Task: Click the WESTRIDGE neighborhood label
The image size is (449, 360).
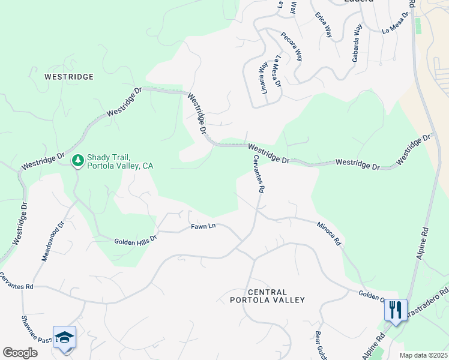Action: coord(69,77)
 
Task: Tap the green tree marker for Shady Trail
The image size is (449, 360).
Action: coord(77,161)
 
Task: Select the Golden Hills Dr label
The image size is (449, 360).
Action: coord(135,239)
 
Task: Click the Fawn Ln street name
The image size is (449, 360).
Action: coord(203,226)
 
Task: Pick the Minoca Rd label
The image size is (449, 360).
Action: coord(329,233)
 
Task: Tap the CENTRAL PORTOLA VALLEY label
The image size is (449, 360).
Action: coord(268,296)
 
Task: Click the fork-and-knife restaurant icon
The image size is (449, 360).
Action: coord(395,310)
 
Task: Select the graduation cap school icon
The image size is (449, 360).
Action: coord(64,337)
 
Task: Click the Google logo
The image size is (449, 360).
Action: coord(20,353)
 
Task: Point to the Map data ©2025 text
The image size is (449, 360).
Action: coord(423,355)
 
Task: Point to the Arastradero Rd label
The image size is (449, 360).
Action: coord(429,305)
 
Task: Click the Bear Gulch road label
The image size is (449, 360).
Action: coord(320,345)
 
